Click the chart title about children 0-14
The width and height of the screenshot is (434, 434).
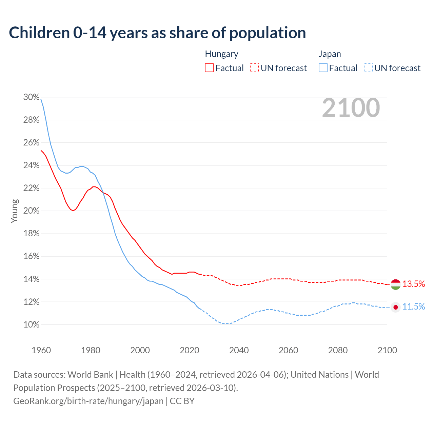[157, 33]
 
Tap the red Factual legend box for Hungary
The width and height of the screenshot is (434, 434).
[209, 68]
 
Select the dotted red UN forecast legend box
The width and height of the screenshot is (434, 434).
[254, 68]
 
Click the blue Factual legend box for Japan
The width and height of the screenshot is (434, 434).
[323, 68]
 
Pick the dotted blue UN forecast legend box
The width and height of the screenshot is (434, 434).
[368, 68]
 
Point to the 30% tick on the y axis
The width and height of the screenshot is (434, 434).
[32, 97]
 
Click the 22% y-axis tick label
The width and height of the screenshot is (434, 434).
[32, 188]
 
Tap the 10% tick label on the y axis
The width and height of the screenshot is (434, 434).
[32, 324]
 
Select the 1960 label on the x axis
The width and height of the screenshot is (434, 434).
[41, 350]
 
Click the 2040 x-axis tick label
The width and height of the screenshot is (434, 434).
[239, 350]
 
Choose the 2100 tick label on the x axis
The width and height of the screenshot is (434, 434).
[387, 350]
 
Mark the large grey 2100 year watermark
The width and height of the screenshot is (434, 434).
[351, 108]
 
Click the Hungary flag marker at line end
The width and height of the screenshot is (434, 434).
[395, 284]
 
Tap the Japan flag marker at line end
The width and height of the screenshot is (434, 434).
[395, 307]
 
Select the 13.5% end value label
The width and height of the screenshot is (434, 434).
[414, 284]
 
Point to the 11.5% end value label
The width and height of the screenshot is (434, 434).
[414, 307]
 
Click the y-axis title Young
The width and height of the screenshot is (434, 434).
[15, 211]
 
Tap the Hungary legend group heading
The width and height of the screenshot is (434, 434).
[221, 54]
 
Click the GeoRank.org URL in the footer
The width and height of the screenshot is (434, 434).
[88, 401]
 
